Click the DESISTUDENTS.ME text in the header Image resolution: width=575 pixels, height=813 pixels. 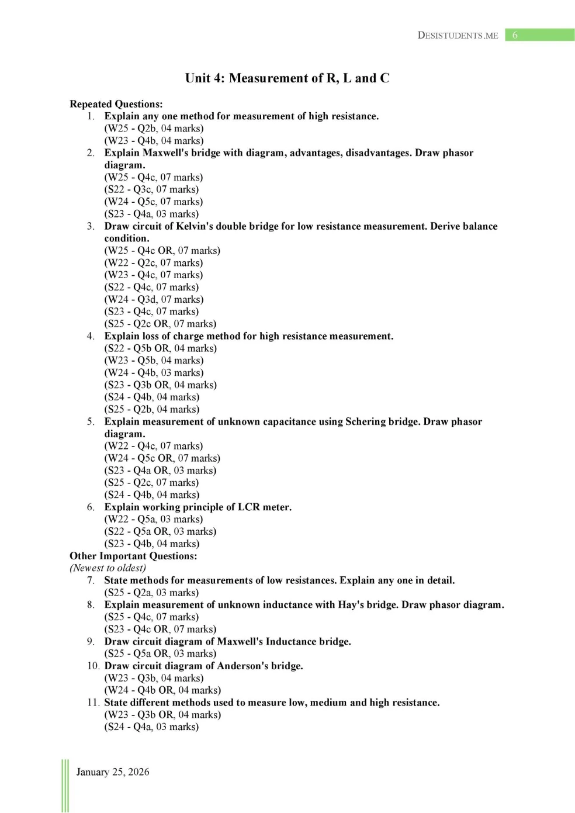click(x=458, y=35)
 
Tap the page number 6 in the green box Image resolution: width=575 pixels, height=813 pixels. click(x=515, y=35)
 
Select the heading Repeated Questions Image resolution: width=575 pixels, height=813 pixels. click(x=116, y=104)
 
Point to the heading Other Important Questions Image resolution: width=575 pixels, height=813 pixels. click(x=133, y=556)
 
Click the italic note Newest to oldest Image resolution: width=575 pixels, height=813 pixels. click(x=108, y=568)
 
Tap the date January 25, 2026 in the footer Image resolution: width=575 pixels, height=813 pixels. click(x=113, y=772)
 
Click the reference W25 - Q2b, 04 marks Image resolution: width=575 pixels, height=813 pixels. click(x=154, y=129)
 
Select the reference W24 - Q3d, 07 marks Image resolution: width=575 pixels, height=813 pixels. click(x=154, y=299)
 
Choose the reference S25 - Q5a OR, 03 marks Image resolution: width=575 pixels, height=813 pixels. click(x=160, y=653)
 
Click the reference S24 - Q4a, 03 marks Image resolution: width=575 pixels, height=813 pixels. click(x=152, y=726)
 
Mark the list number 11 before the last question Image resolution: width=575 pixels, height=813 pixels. click(x=93, y=703)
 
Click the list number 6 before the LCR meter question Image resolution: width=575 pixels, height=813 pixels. click(x=91, y=507)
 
